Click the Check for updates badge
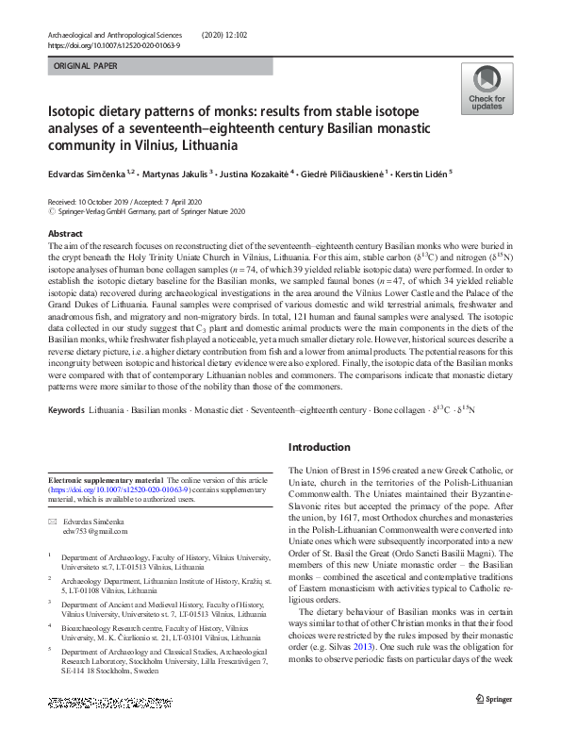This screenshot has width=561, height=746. (x=487, y=91)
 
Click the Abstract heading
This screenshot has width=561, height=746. (x=65, y=232)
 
